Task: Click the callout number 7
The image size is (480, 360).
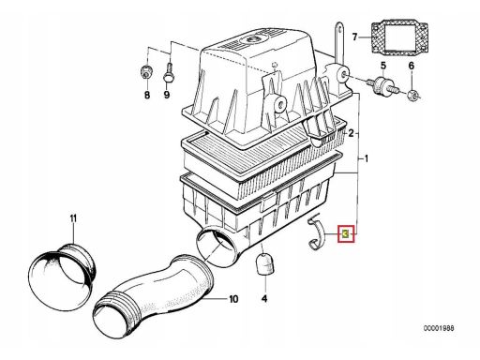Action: pos(354,37)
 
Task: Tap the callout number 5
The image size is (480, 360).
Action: pos(383,66)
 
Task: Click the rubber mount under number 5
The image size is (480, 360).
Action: pos(382,85)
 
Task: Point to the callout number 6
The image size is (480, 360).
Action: pos(412,66)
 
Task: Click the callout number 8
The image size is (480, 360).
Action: pos(147,95)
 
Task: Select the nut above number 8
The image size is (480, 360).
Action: pos(145,72)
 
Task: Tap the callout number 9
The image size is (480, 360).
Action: pos(167,95)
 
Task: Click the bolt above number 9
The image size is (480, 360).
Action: pos(168,73)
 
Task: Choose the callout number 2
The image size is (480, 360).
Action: pos(351,133)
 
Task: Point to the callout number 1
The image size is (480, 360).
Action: pos(367,158)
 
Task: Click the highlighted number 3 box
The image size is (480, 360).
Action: pos(346,233)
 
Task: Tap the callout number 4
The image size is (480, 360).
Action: pos(264,299)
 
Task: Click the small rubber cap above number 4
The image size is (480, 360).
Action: pos(264,264)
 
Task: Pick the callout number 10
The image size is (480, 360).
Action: pos(233,299)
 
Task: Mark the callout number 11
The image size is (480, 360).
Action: pos(73,218)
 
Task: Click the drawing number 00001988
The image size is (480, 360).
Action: pos(439,328)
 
